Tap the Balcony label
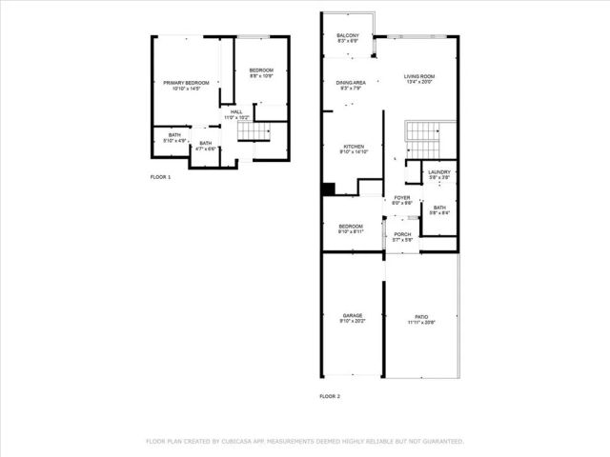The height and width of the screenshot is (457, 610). [x=347, y=36]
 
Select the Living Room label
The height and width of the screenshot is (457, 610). [x=418, y=76]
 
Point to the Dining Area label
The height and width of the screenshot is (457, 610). [x=350, y=83]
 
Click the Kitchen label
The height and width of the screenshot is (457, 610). [x=354, y=147]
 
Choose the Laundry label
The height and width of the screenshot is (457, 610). [x=438, y=172]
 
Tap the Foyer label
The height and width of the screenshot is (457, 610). [x=402, y=198]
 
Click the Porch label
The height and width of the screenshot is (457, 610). [x=402, y=234]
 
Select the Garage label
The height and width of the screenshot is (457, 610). [x=353, y=315]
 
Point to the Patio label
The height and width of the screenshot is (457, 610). [x=421, y=317]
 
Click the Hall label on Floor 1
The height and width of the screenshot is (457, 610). [x=235, y=111]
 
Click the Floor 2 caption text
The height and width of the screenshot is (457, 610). [x=329, y=396]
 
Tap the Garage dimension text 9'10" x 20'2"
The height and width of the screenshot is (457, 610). [x=353, y=323]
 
